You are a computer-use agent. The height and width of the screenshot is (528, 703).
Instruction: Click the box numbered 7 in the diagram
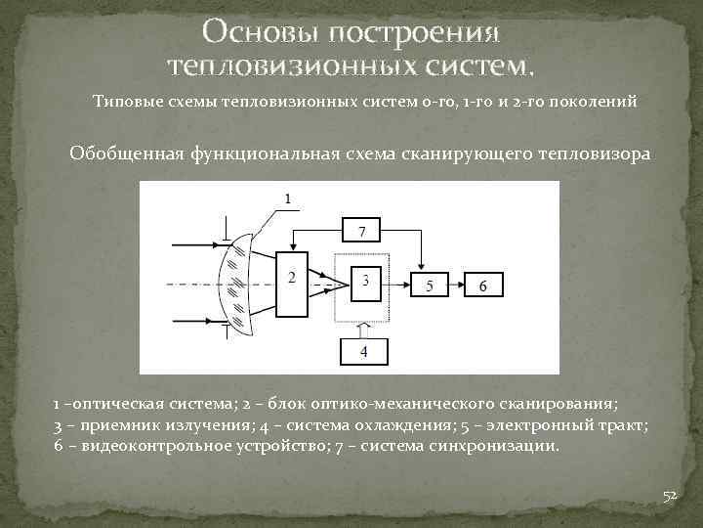[362, 231]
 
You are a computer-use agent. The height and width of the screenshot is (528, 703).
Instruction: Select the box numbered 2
[291, 279]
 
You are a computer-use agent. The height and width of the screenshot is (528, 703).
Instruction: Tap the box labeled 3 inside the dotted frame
[365, 281]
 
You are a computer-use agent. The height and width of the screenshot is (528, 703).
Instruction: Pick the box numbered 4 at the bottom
[362, 350]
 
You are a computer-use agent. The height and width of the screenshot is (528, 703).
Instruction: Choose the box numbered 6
[488, 285]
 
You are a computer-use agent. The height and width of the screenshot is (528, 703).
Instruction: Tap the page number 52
[670, 497]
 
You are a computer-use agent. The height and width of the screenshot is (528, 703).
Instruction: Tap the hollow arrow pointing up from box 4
[363, 326]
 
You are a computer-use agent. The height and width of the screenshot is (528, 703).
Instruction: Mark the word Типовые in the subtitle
[125, 101]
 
